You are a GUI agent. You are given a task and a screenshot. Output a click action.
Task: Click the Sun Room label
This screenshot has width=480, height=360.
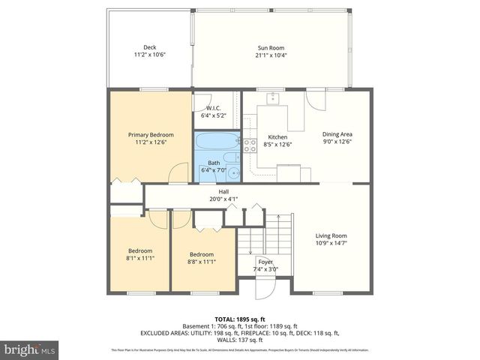tap(271, 51)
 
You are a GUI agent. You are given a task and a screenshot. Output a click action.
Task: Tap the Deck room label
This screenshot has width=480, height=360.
tap(149, 51)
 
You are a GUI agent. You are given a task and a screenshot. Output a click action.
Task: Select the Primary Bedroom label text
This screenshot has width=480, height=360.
tap(149, 138)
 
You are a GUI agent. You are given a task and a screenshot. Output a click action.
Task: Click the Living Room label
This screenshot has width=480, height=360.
tap(331, 239)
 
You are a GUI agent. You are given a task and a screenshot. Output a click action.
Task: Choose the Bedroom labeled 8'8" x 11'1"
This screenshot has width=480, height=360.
tap(201, 258)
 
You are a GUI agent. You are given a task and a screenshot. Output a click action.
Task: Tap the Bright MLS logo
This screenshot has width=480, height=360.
tap(30, 349)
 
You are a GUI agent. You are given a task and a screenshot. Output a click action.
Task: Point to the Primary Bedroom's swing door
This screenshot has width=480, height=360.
tap(178, 173)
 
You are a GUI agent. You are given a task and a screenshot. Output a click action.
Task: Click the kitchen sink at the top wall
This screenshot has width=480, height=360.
tap(273, 97)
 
